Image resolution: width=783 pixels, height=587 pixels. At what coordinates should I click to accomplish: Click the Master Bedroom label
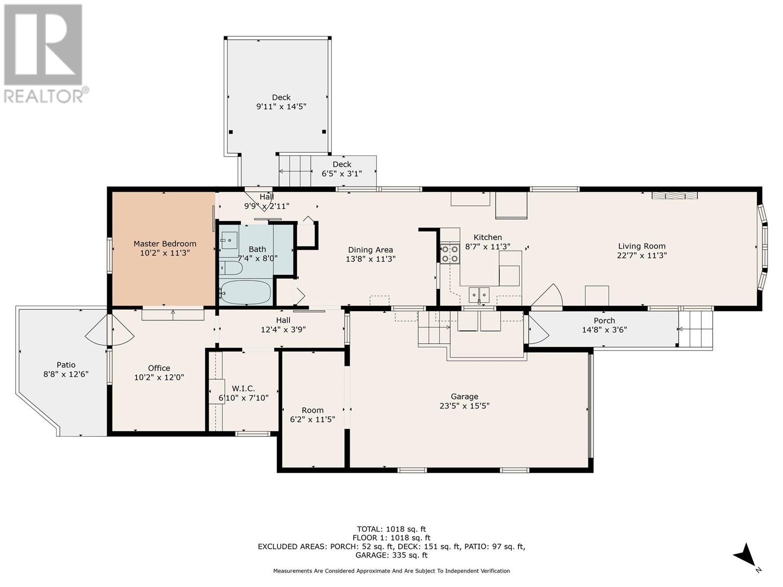pos(165,244)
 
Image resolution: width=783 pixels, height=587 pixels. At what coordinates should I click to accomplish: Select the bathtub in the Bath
pos(246,292)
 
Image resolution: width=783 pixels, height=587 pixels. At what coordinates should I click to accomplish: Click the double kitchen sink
pos(479,294)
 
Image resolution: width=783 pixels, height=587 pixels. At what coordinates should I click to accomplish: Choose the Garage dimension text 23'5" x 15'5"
pos(464,406)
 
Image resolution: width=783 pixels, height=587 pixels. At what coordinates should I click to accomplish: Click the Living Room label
pos(642,246)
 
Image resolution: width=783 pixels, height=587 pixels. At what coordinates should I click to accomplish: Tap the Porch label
pos(604,321)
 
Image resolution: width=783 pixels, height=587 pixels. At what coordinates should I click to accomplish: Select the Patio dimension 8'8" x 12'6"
pos(66,374)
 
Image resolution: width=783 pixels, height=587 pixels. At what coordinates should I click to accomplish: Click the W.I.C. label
pos(243,388)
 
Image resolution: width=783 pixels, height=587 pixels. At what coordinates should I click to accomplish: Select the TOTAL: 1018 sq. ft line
pos(391,529)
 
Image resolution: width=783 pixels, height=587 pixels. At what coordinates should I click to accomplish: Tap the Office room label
pos(159,368)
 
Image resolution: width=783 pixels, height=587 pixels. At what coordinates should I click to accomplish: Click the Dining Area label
pos(370,250)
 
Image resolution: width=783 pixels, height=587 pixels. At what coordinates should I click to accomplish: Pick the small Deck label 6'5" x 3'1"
pos(342,169)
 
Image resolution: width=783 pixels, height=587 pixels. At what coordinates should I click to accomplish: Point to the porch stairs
pos(695,329)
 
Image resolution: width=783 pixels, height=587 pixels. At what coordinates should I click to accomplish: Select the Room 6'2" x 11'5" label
pos(313,415)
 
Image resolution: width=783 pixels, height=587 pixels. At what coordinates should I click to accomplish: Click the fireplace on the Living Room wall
pos(674,195)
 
